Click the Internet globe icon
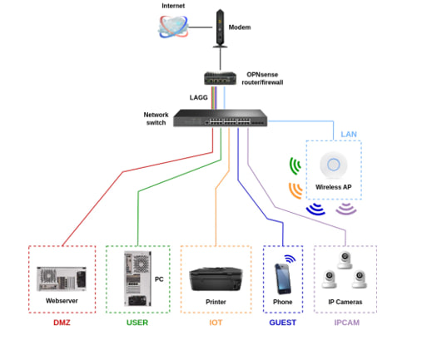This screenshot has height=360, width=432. (x=173, y=27)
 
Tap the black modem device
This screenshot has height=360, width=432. (x=220, y=28)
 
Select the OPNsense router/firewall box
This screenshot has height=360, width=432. (x=221, y=78)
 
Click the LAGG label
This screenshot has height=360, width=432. (x=199, y=97)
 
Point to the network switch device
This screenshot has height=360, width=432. (x=221, y=118)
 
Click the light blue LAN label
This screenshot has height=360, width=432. (x=349, y=135)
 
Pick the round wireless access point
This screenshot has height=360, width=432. (x=334, y=165)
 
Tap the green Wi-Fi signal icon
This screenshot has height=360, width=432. (x=295, y=166)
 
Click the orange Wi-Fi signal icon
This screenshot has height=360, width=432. (x=295, y=190)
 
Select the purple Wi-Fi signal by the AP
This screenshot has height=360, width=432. (x=346, y=209)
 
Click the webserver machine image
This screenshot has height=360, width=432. (x=62, y=279)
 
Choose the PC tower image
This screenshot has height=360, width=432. (x=137, y=279)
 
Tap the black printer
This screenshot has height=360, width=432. (x=216, y=279)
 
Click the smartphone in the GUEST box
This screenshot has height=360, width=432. (x=283, y=279)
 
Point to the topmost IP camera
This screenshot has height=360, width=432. (x=345, y=259)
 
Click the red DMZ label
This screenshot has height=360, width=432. (x=62, y=323)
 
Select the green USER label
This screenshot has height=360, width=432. (x=137, y=323)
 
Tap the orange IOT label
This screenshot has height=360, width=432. (x=216, y=323)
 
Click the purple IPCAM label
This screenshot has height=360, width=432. (x=347, y=323)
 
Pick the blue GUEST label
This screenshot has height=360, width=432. (x=283, y=323)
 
